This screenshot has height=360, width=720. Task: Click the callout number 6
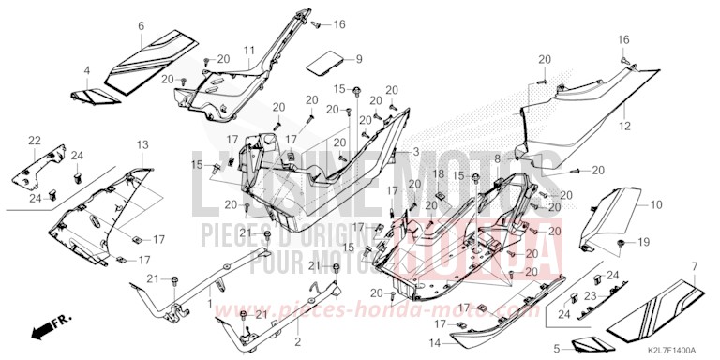point(141,26)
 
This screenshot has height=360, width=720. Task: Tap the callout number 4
point(86,71)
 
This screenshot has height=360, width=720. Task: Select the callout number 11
point(249,49)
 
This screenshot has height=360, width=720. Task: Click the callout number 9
point(357,59)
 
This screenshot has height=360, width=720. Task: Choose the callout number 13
point(142,144)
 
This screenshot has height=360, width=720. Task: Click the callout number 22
point(35,141)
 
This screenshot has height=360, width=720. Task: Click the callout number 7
point(694,268)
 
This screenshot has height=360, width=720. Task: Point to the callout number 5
point(556,348)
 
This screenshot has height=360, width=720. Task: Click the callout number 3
point(416,151)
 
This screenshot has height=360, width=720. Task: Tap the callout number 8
point(497,159)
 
